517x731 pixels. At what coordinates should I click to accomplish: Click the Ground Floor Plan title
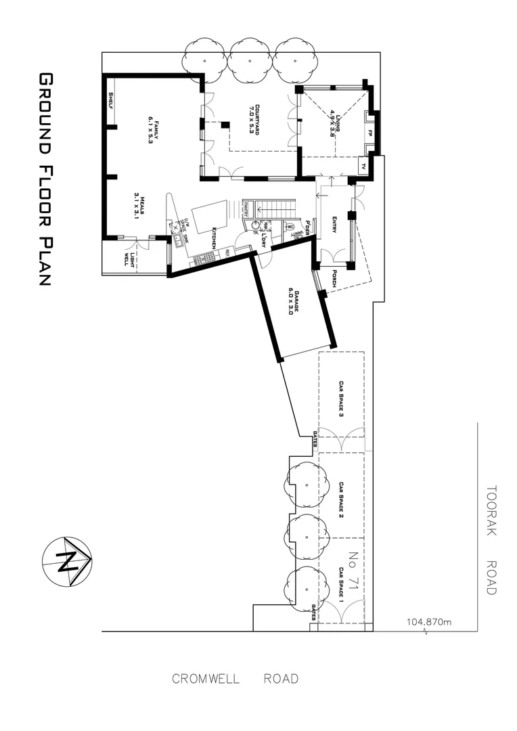click(45, 179)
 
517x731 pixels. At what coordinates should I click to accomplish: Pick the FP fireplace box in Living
click(369, 133)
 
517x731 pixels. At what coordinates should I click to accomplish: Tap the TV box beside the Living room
click(363, 166)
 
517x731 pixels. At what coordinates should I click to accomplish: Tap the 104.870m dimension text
click(430, 621)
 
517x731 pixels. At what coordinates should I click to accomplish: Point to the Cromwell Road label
click(235, 679)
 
